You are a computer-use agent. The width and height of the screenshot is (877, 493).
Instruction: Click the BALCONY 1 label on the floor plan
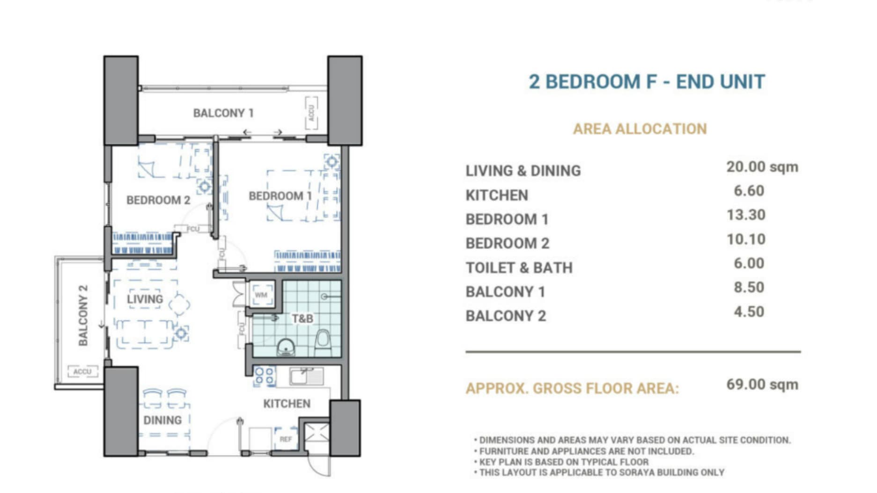point(223,113)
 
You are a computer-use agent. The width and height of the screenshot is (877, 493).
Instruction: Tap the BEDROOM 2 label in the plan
point(158,200)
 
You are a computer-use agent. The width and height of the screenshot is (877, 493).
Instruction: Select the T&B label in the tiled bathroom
point(302,319)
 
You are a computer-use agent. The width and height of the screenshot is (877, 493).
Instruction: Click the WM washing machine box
point(261,295)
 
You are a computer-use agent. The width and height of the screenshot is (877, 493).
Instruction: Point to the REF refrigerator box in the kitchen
point(286,439)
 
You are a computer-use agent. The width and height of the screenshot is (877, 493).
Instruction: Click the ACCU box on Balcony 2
point(82,371)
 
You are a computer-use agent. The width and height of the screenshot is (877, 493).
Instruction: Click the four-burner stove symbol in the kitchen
point(265,377)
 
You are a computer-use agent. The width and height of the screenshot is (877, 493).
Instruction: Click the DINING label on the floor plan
point(162,420)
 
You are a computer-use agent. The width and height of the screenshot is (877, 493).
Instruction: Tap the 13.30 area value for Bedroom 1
point(746,215)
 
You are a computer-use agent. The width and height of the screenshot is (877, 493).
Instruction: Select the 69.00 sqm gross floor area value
point(762,384)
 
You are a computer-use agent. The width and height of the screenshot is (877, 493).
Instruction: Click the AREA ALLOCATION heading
point(640,129)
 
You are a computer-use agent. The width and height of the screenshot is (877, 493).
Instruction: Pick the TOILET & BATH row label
point(519,268)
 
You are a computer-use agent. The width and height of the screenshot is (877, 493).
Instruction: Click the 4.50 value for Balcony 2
point(749,312)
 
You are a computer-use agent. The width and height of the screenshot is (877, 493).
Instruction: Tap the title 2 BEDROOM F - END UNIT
point(647,82)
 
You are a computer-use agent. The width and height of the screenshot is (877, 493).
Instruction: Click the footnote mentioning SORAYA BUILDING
point(601,473)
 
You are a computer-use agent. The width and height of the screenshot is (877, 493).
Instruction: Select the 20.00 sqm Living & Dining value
point(762,167)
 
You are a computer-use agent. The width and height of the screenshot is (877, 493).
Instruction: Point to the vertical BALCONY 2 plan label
point(83,315)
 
